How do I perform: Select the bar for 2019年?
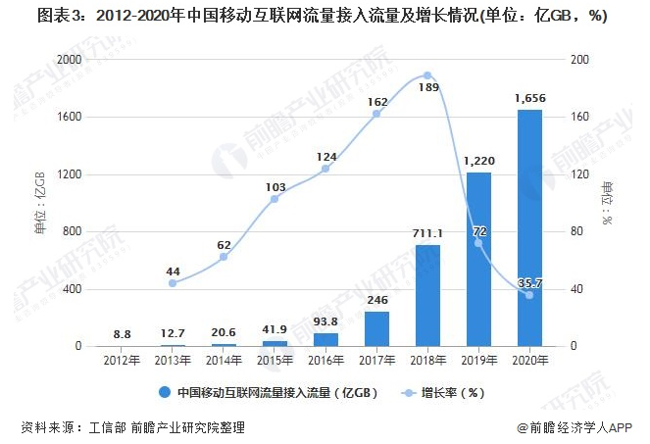[478, 260]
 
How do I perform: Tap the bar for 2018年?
[427, 296]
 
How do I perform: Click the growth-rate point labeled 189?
[427, 75]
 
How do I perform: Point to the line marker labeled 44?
[173, 283]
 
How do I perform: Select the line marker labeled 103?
[275, 199]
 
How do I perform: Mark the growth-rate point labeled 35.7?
[529, 295]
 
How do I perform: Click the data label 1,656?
[529, 98]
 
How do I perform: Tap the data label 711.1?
[427, 233]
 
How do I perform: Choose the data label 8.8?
[122, 334]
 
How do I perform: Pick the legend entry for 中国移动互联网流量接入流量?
[270, 393]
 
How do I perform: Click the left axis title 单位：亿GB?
[40, 203]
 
